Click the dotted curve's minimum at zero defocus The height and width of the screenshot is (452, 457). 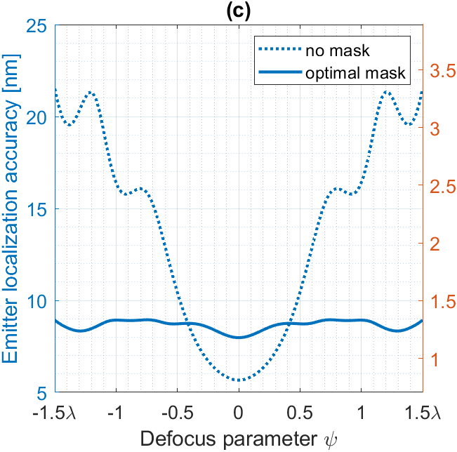point(239,380)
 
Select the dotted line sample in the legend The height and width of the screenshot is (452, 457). point(279,51)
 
